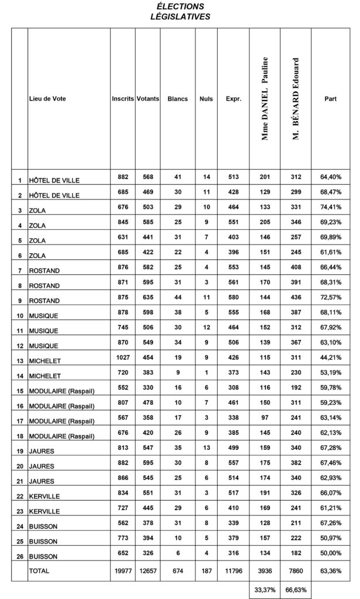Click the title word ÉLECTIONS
pos(180,6)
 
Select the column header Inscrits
pos(122,99)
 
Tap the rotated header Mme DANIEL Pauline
pos(265,99)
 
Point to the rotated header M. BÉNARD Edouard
pos(296,99)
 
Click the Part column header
pos(330,99)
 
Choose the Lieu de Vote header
pos(47,99)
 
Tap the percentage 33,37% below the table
pos(265,590)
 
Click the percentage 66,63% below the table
pos(296,590)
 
